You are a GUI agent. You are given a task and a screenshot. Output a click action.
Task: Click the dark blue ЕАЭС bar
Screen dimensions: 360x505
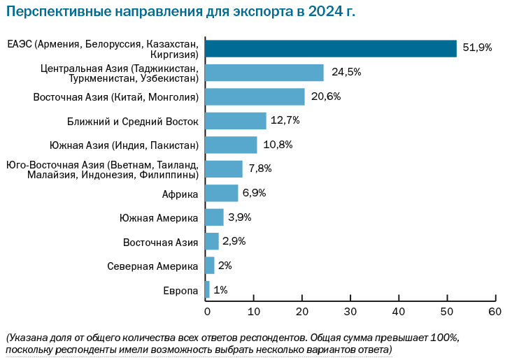(x=331, y=48)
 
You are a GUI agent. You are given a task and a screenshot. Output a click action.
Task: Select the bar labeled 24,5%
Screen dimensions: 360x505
(x=265, y=72)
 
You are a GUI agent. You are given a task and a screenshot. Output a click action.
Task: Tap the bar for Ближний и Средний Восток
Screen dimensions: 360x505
(x=236, y=121)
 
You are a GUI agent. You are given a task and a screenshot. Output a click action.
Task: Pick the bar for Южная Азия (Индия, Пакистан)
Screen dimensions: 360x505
(x=232, y=145)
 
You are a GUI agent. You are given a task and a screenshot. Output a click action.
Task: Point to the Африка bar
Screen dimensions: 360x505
(x=222, y=193)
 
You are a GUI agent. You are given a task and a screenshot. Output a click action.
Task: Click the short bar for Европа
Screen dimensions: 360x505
(x=208, y=289)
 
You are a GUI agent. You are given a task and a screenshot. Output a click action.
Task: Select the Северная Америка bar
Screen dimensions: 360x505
(x=210, y=266)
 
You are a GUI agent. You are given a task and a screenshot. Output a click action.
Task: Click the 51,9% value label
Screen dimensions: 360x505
(x=478, y=48)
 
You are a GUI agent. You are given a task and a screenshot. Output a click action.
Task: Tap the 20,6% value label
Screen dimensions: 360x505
(x=325, y=96)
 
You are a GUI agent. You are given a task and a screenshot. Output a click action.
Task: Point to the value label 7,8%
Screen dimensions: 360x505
(x=259, y=168)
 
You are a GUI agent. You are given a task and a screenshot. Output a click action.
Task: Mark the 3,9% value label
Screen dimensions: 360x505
(x=240, y=217)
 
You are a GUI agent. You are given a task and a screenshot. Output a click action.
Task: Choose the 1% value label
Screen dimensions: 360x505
(x=220, y=289)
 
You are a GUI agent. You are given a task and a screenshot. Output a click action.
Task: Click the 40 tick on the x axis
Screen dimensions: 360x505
(x=399, y=310)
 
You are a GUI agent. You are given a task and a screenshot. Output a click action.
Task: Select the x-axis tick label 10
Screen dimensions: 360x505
(x=255, y=310)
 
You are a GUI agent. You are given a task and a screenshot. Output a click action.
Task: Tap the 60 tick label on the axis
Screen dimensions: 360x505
(x=495, y=310)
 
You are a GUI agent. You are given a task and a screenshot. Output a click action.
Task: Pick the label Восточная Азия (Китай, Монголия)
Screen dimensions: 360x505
(x=116, y=97)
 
